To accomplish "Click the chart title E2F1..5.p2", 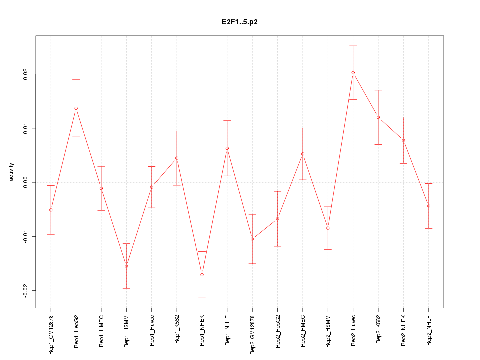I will [240, 22].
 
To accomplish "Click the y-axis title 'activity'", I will [12, 172].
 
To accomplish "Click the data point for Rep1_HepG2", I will [76, 108].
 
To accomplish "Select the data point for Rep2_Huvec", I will [353, 73].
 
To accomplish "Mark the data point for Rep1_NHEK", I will [202, 275].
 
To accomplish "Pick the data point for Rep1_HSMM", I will [126, 266].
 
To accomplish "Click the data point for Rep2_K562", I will [378, 117].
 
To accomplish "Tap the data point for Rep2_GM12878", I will [252, 239].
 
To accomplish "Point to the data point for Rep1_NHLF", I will [227, 148].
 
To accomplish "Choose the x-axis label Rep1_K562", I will [177, 330].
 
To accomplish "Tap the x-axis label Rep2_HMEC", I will [303, 331].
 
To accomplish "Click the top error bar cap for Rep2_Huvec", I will [353, 46].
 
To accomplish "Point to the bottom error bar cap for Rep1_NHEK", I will [202, 298].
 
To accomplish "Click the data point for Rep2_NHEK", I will [403, 140].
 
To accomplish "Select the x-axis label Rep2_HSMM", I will [328, 331].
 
